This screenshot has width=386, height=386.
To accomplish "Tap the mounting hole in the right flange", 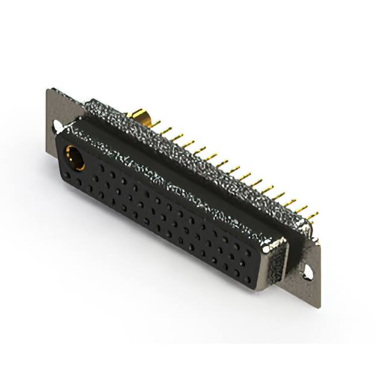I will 308,272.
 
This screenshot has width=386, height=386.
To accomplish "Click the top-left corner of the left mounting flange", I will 48,90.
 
